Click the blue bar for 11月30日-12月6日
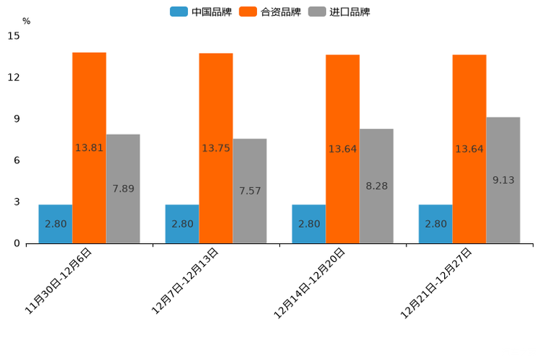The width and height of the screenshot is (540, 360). click(55, 224)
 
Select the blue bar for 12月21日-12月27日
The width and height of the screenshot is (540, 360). click(435, 224)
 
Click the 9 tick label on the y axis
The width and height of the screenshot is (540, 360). click(17, 119)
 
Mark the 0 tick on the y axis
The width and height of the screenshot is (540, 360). click(17, 244)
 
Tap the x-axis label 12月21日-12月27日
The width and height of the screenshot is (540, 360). click(436, 282)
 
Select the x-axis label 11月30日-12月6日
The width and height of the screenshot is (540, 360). click(59, 282)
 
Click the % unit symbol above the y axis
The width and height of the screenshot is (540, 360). click(26, 22)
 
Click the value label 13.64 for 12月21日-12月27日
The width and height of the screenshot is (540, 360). click(469, 149)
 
